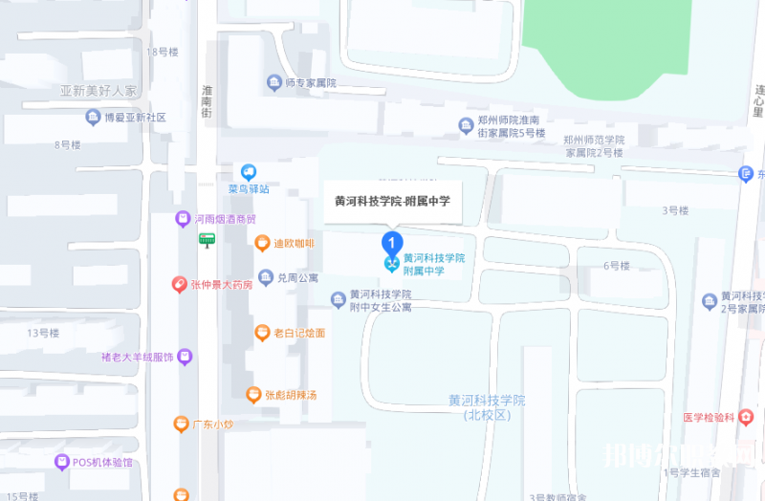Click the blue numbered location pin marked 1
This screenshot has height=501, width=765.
point(390,242)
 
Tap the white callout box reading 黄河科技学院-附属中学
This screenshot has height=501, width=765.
point(392,202)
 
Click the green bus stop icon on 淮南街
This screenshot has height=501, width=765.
point(207,240)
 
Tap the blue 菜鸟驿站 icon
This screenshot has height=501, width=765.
point(249,172)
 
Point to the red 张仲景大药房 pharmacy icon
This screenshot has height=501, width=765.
point(179,284)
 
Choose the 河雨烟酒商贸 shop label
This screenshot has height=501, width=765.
point(225,219)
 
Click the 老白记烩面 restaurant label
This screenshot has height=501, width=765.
point(299,333)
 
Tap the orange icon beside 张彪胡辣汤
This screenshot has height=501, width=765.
point(253,394)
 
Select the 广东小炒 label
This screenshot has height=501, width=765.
point(213,425)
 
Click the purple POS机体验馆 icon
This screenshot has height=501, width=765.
point(62,463)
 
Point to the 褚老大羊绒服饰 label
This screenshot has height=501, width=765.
point(137,358)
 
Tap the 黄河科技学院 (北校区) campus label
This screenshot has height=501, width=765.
point(488,407)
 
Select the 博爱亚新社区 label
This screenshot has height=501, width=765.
point(135,118)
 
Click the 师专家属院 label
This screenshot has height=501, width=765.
point(311,83)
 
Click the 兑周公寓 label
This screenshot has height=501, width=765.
point(297,278)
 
